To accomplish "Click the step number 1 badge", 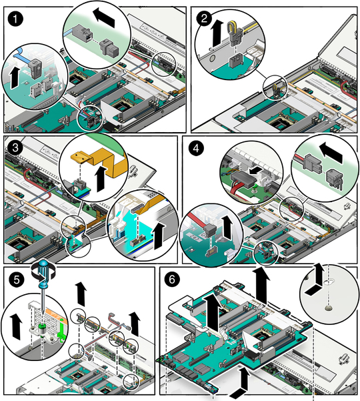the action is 15,19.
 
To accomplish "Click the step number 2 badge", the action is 204,19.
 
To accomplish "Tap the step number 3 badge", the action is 15,148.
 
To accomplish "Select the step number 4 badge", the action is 196,148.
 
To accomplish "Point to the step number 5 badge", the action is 17,280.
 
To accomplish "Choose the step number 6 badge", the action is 172,280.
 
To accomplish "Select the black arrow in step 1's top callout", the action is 104,17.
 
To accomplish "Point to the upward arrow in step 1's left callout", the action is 15,77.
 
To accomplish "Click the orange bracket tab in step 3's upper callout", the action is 80,158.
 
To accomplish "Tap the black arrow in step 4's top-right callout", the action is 331,153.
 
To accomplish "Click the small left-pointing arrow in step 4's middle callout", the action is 255,170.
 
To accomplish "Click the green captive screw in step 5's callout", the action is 41,328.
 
